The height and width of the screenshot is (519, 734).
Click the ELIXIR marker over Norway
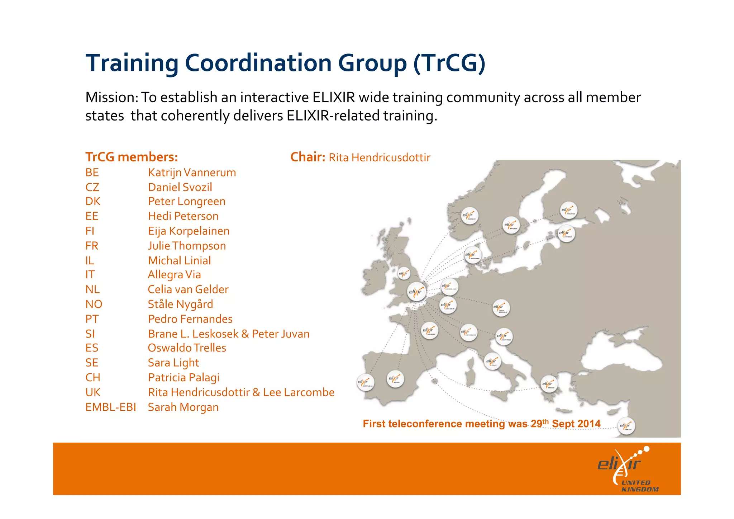click(x=469, y=216)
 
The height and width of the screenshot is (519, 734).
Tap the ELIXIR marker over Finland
click(x=568, y=211)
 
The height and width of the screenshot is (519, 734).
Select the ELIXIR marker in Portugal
click(x=366, y=382)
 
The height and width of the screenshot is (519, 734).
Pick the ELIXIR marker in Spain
click(x=395, y=379)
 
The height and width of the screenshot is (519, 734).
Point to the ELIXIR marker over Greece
click(x=548, y=384)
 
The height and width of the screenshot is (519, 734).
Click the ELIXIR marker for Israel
click(x=626, y=426)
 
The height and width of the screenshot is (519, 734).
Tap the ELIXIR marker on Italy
click(x=492, y=362)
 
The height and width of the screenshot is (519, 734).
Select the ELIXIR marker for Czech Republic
click(x=501, y=308)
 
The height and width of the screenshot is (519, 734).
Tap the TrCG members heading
click(x=132, y=157)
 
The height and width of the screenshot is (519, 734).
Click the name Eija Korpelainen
click(x=189, y=231)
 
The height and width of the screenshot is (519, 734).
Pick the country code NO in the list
click(x=94, y=305)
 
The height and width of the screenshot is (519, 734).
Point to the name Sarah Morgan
click(x=183, y=407)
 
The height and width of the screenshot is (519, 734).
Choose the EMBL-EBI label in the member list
click(x=110, y=407)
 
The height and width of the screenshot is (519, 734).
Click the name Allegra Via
click(x=174, y=275)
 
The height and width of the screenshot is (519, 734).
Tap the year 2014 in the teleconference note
click(x=588, y=424)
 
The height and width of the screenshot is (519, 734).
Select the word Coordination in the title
click(x=258, y=63)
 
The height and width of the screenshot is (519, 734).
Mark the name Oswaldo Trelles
click(x=187, y=348)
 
